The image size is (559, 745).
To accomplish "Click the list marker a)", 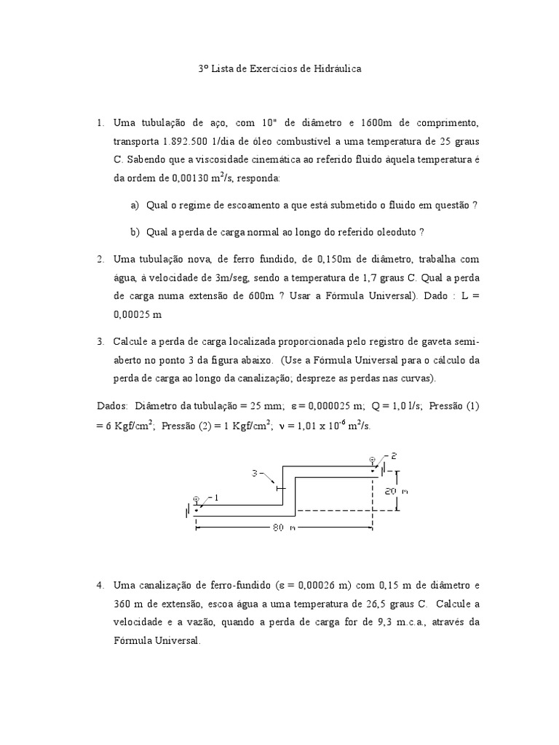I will tap(135, 205).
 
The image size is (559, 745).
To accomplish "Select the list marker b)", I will tap(135, 232).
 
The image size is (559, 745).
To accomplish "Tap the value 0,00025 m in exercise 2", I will tap(137, 314).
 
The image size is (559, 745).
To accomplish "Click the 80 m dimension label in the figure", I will tap(284, 527).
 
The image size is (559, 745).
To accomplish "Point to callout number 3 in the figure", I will tap(255, 473).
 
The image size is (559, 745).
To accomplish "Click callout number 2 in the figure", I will tap(392, 456).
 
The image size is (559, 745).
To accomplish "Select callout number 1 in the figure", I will tap(215, 498).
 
